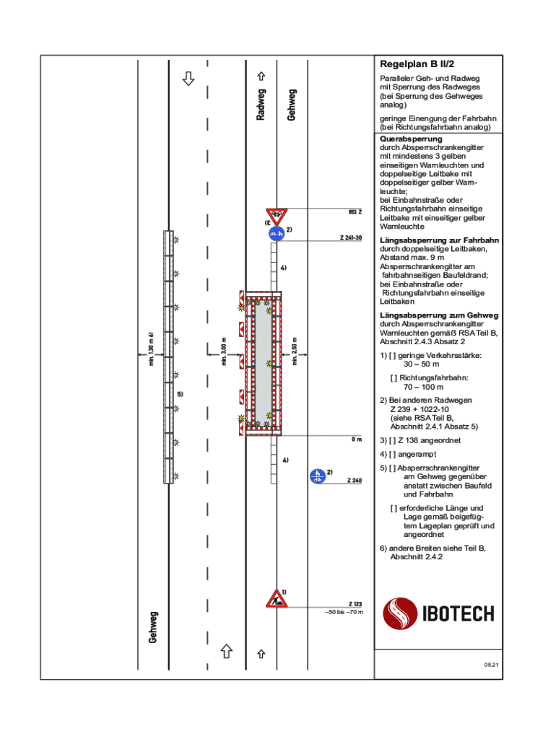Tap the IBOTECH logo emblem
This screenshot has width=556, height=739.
coord(401,614)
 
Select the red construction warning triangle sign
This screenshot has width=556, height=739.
coord(276,598)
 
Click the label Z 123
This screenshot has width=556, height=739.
coord(355,604)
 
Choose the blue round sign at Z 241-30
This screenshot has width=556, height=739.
coord(276,233)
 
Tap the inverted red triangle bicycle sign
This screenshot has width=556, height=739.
coord(276,214)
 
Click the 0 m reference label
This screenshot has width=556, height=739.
coord(357,439)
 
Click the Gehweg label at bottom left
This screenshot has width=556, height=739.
coord(153,627)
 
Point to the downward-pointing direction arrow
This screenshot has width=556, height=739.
coord(188,78)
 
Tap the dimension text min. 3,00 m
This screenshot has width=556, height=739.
coord(225,351)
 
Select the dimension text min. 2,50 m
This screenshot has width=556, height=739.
coord(295,351)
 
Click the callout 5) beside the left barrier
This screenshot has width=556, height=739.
coord(181,395)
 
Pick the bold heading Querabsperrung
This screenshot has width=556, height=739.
coord(411,139)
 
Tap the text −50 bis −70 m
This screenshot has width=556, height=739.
coord(344,612)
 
